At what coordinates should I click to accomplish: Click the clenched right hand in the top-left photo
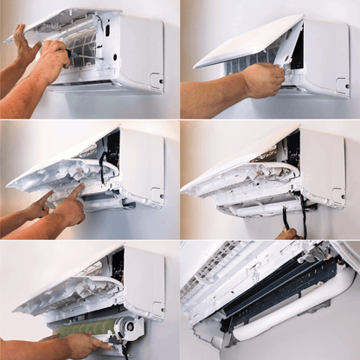coord(52,62)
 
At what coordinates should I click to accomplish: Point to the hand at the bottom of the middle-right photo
coord(287,234)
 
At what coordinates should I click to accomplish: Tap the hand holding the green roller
coord(87,344)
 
